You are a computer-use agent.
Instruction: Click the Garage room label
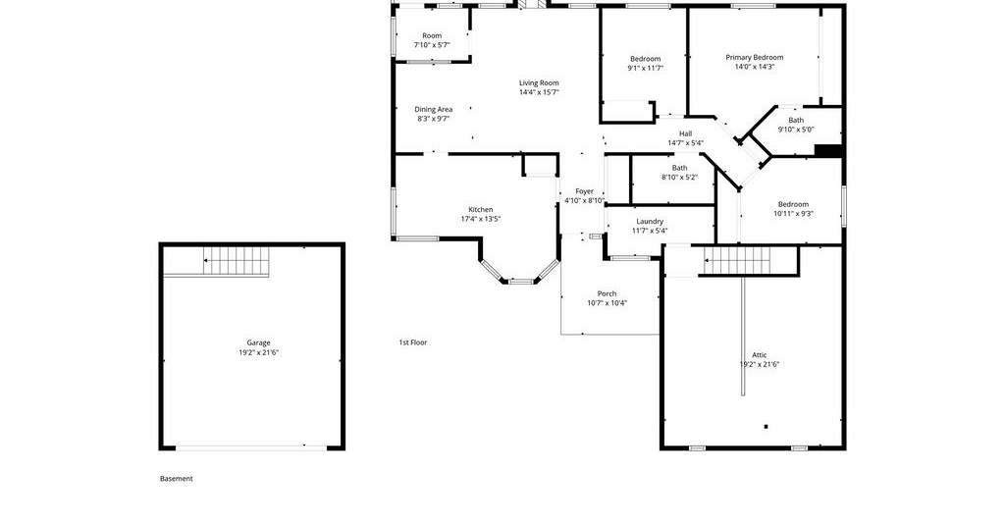coord(258,342)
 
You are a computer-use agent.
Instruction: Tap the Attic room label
coord(759,355)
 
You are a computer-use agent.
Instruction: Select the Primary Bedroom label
coord(755,57)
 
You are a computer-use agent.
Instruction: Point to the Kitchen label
coord(481,209)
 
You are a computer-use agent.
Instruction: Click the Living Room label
coord(539,82)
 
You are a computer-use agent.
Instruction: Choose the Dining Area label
coord(433,110)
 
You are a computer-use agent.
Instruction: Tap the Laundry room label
coord(650,222)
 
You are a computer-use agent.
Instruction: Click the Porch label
coord(607,294)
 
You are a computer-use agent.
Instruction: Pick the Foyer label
coord(584,191)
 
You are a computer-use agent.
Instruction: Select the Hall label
coord(686,133)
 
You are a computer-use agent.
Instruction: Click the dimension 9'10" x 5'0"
coord(796,130)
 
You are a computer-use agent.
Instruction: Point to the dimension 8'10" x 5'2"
coord(679,178)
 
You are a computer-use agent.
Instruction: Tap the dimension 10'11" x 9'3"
coord(793,214)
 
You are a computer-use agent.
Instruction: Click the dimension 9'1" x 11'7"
coord(646,68)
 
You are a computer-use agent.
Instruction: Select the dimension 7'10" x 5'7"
coord(432,45)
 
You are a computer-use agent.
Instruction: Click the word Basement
coord(177,479)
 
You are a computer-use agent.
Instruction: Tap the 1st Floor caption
coord(413,342)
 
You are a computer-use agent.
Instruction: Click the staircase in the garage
coord(237,261)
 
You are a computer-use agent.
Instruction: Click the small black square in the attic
coord(766,426)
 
